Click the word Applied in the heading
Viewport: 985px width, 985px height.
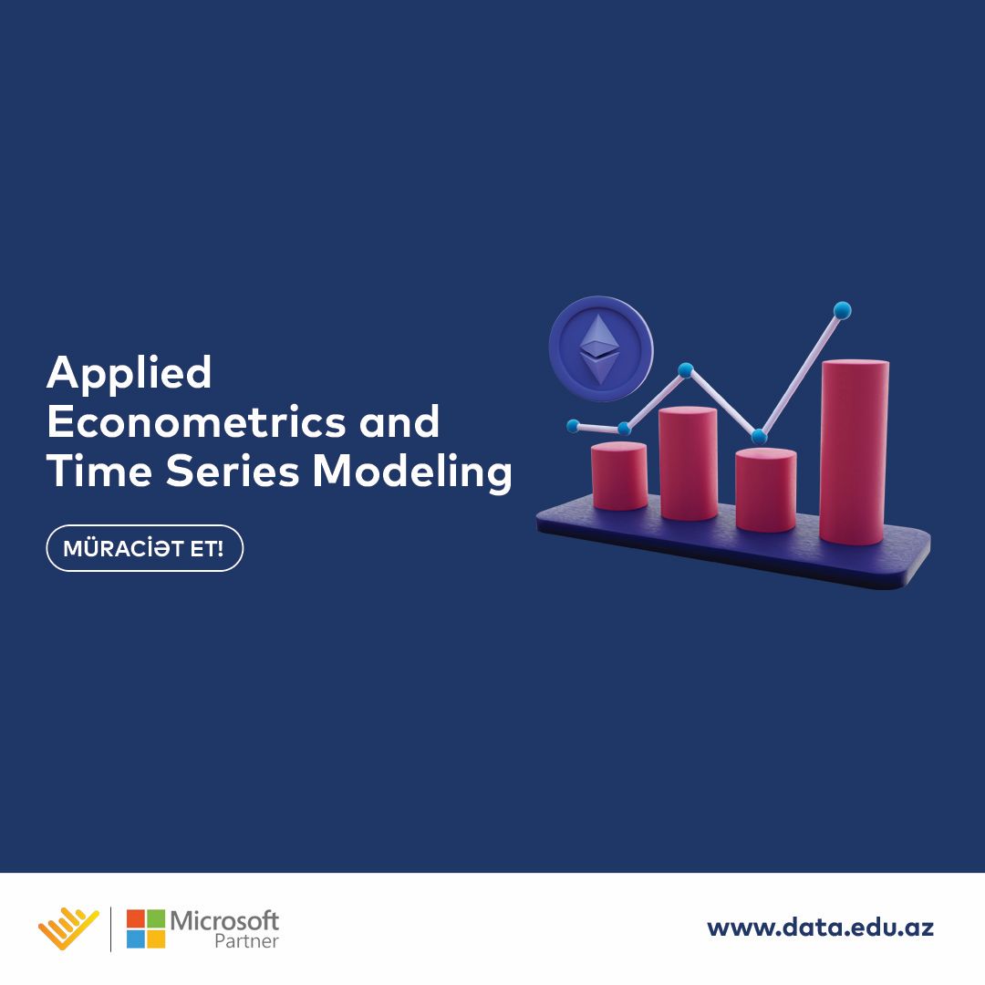(x=129, y=374)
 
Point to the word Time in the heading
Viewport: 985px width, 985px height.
(x=98, y=472)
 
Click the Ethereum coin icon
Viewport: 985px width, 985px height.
(x=600, y=348)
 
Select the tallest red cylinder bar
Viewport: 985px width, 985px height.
(x=854, y=452)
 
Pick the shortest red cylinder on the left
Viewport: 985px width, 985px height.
(x=619, y=476)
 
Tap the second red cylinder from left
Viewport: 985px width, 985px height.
(x=688, y=463)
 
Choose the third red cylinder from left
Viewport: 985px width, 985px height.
(x=765, y=490)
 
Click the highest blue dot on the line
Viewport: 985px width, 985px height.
(x=842, y=311)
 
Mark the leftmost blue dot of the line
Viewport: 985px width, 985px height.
(x=573, y=426)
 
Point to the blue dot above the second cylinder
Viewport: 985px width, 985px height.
(x=686, y=370)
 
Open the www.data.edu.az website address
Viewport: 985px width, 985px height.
(x=820, y=928)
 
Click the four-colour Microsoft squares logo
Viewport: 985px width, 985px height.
(x=146, y=928)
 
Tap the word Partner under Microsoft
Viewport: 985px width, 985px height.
(x=246, y=941)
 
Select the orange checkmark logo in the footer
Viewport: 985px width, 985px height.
(x=68, y=928)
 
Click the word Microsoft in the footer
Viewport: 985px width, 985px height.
(x=224, y=919)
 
